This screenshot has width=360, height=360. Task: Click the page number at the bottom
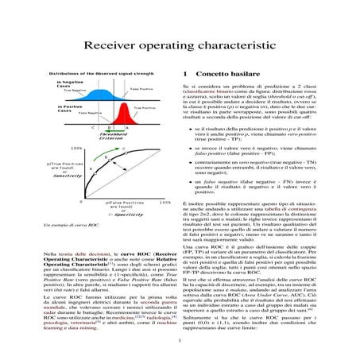[x=180, y=341]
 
